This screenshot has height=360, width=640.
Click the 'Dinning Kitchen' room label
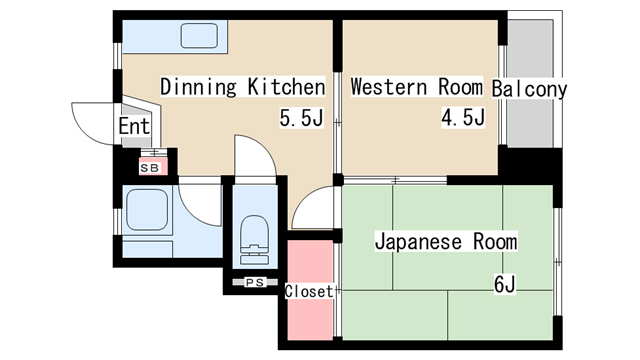click(x=243, y=87)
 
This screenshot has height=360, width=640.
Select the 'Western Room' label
click(x=417, y=87)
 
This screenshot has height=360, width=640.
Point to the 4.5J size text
click(x=463, y=119)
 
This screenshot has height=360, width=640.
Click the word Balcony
click(x=529, y=89)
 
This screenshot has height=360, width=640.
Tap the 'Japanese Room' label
click(x=446, y=242)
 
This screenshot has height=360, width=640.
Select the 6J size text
click(x=504, y=284)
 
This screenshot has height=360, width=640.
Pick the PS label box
click(x=254, y=283)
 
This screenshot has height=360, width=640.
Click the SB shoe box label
click(x=149, y=168)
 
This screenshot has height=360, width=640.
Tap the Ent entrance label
click(x=134, y=127)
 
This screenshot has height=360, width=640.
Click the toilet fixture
click(x=255, y=240)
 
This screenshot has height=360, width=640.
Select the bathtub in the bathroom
click(x=147, y=213)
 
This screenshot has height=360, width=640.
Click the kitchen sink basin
click(x=204, y=38)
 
